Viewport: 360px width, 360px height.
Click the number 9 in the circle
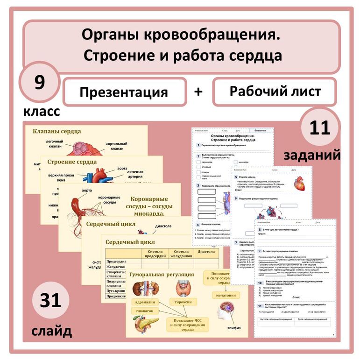click(39, 83)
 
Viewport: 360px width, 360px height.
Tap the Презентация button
click(124, 92)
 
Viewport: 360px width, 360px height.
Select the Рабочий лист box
click(275, 91)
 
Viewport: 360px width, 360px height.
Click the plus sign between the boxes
click(199, 92)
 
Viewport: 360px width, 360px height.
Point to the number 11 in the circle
click(319, 127)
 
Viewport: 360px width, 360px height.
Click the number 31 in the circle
click(50, 300)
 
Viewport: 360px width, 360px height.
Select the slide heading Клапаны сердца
click(56, 132)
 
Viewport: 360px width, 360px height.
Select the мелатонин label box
click(226, 295)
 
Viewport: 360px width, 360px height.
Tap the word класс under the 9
click(42, 112)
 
